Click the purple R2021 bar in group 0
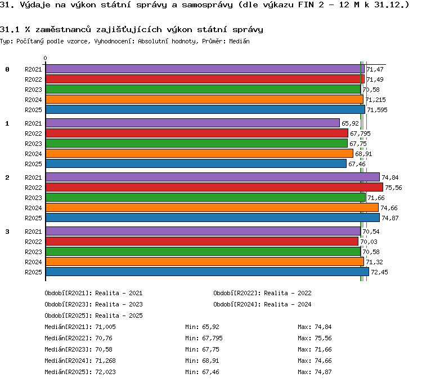pyautogui.click(x=205, y=69)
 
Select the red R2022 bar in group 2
pyautogui.click(x=214, y=187)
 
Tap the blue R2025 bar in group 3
pyautogui.click(x=207, y=272)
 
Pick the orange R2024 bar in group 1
pyautogui.click(x=199, y=153)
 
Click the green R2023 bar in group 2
pyautogui.click(x=205, y=197)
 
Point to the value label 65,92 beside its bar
pyautogui.click(x=350, y=123)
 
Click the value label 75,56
pyautogui.click(x=393, y=188)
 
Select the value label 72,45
pyautogui.click(x=379, y=272)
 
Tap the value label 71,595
pyautogui.click(x=378, y=110)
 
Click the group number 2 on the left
pyautogui.click(x=7, y=177)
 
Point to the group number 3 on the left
pyautogui.click(x=7, y=232)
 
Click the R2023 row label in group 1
pyautogui.click(x=33, y=144)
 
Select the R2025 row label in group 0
pyautogui.click(x=33, y=110)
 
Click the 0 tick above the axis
pyautogui.click(x=45, y=58)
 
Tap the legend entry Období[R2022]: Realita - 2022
pyautogui.click(x=262, y=293)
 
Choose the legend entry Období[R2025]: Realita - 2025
pyautogui.click(x=93, y=316)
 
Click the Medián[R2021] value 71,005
pyautogui.click(x=106, y=327)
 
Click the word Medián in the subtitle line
pyautogui.click(x=240, y=41)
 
